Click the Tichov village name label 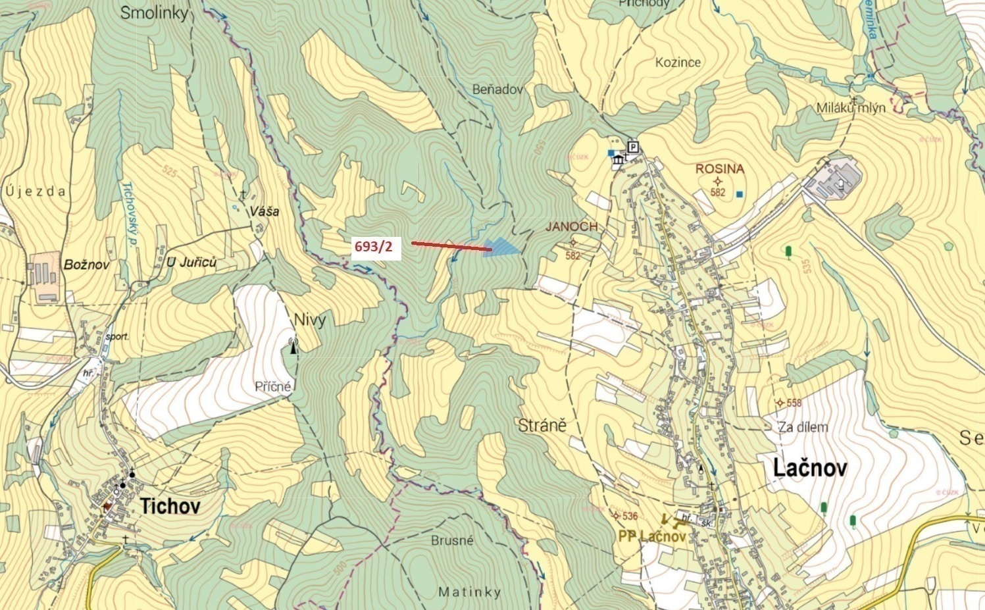(170, 505)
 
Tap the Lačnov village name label (809, 468)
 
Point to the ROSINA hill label (720, 169)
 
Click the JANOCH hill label (571, 226)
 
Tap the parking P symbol (633, 147)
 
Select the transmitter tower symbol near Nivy (293, 345)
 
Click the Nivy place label (309, 320)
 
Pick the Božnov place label (86, 264)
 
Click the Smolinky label (154, 13)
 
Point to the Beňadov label (497, 89)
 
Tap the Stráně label (542, 425)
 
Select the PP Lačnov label (651, 536)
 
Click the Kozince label (678, 63)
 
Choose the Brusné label (452, 540)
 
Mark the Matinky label (469, 592)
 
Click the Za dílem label (803, 427)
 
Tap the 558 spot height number (794, 403)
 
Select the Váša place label (264, 211)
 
